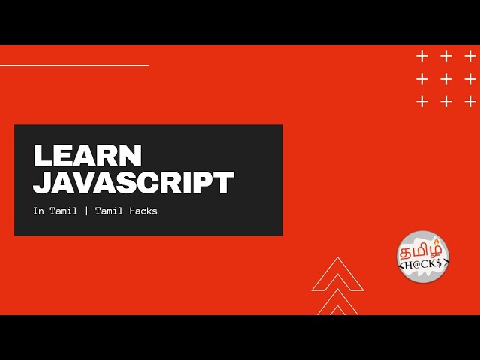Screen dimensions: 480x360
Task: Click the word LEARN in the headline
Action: click(88, 155)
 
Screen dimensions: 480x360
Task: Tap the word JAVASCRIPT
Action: click(133, 183)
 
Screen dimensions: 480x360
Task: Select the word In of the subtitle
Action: click(38, 211)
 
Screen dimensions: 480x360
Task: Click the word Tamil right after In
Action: click(63, 211)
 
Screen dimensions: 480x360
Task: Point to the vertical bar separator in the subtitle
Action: click(86, 211)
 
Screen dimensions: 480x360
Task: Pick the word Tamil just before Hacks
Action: click(109, 211)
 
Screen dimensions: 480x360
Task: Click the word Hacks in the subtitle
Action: click(143, 211)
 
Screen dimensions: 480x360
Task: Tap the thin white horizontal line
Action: click(74, 65)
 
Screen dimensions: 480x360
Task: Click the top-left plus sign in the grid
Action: click(421, 57)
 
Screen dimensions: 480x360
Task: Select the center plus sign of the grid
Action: click(446, 79)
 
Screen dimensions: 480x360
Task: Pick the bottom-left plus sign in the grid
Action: click(421, 101)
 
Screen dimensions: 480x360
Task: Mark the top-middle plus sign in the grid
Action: click(446, 57)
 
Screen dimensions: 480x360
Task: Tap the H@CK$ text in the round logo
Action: click(423, 264)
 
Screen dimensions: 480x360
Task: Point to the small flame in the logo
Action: click(436, 241)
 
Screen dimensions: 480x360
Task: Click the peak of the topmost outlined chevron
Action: click(337, 257)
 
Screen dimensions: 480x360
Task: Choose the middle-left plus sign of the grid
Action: click(421, 79)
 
